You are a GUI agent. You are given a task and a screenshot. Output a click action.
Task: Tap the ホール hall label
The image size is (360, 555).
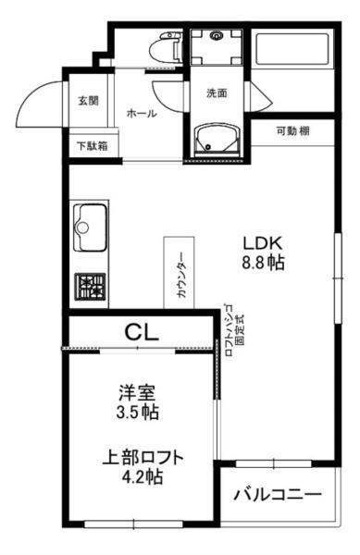pyautogui.click(x=140, y=114)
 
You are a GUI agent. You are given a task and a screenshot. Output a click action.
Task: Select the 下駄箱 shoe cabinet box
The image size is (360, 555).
pyautogui.click(x=91, y=145)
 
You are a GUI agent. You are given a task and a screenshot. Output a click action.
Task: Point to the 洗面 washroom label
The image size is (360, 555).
pyautogui.click(x=217, y=92)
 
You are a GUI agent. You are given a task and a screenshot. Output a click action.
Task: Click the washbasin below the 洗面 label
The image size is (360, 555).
pyautogui.click(x=216, y=141)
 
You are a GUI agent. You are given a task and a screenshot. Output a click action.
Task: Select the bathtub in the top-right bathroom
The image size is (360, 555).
pyautogui.click(x=293, y=56)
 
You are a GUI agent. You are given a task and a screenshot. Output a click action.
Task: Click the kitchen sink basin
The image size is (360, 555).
pyautogui.click(x=91, y=226)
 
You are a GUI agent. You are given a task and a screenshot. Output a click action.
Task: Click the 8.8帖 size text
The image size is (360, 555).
pyautogui.click(x=262, y=263)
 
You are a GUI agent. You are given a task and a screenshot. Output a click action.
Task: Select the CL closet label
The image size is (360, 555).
pyautogui.click(x=143, y=330)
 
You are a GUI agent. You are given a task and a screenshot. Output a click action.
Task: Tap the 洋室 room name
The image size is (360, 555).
pyautogui.click(x=136, y=392)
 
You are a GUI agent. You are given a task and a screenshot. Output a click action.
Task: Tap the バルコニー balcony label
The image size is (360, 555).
pyautogui.click(x=278, y=492)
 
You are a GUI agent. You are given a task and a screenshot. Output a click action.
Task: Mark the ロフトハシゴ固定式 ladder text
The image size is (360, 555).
pyautogui.click(x=234, y=329)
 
